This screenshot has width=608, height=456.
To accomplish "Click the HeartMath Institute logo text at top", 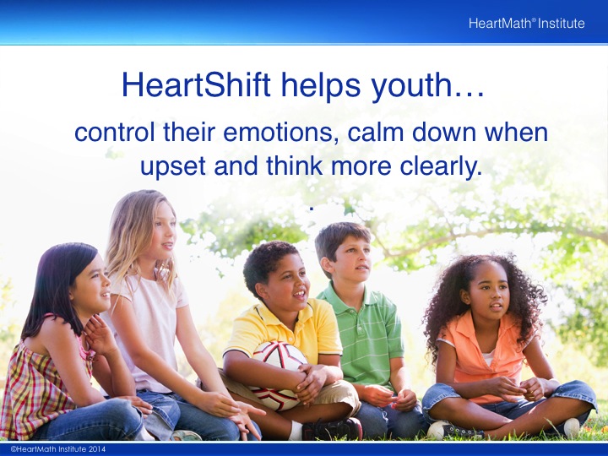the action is pyautogui.click(x=526, y=24).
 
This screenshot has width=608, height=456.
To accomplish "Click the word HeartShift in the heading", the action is pyautogui.click(x=196, y=84).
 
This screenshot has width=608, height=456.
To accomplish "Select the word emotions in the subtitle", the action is pyautogui.click(x=278, y=132).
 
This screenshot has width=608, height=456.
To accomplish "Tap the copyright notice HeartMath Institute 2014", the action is pyautogui.click(x=58, y=449).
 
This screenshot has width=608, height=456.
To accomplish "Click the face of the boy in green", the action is pyautogui.click(x=351, y=258).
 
